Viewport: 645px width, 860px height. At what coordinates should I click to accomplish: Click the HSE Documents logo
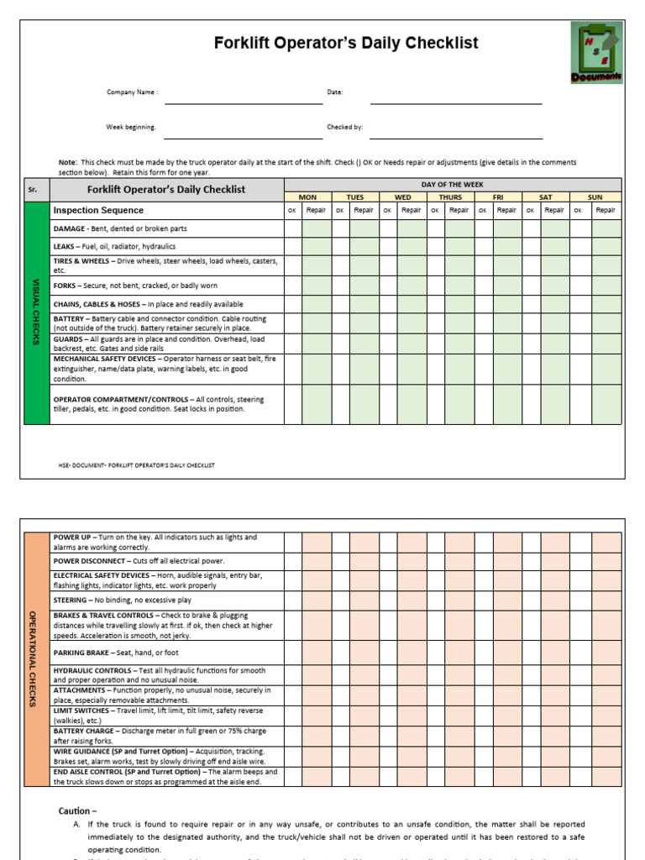coord(597,53)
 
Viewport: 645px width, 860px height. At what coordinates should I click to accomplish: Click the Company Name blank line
coord(244,102)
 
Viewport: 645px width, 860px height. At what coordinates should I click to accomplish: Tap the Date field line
coord(456,102)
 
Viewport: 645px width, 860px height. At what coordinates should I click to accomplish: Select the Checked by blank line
coord(456,138)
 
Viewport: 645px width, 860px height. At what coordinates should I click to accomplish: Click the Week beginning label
coord(130,127)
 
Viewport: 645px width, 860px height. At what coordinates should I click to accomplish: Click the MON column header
coord(308,197)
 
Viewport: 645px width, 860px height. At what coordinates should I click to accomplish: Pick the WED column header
coord(403,197)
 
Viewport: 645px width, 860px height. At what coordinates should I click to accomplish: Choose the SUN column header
coord(595,197)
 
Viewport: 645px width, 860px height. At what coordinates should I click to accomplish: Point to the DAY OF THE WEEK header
coord(453,184)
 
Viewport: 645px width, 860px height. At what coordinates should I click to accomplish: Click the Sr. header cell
coord(34,190)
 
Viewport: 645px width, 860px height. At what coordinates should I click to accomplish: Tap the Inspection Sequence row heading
coord(98,210)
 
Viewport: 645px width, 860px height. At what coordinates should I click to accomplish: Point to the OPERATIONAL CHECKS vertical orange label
coord(35,659)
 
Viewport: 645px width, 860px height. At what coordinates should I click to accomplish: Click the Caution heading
coord(77,811)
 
